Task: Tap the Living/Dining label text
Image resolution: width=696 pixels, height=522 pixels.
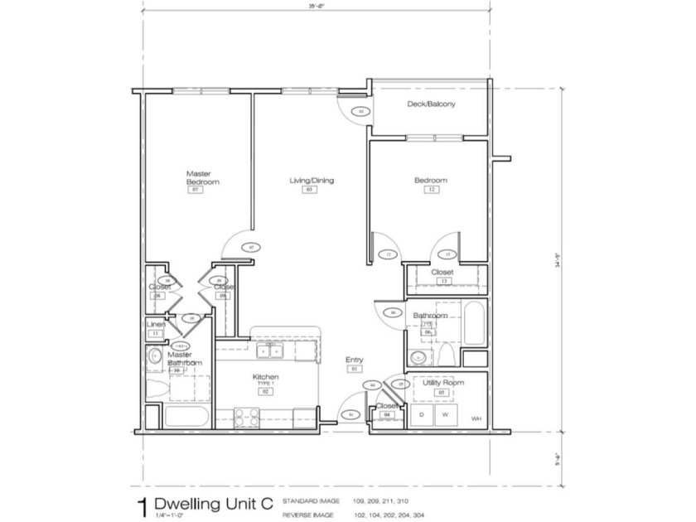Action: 312,180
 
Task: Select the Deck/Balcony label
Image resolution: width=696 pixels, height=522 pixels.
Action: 431,104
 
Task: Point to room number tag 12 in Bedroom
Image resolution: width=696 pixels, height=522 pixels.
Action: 431,190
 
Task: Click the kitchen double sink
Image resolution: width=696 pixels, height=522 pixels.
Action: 268,351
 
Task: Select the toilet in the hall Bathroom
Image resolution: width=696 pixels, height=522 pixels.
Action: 445,356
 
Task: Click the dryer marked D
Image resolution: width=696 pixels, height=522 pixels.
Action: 422,414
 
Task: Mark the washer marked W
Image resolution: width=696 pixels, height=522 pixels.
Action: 445,414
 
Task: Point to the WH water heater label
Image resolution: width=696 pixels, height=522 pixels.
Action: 476,419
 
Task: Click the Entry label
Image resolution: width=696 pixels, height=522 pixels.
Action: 354,359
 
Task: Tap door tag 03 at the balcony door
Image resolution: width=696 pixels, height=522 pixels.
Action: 360,111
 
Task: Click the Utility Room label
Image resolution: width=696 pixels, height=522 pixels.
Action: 442,383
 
